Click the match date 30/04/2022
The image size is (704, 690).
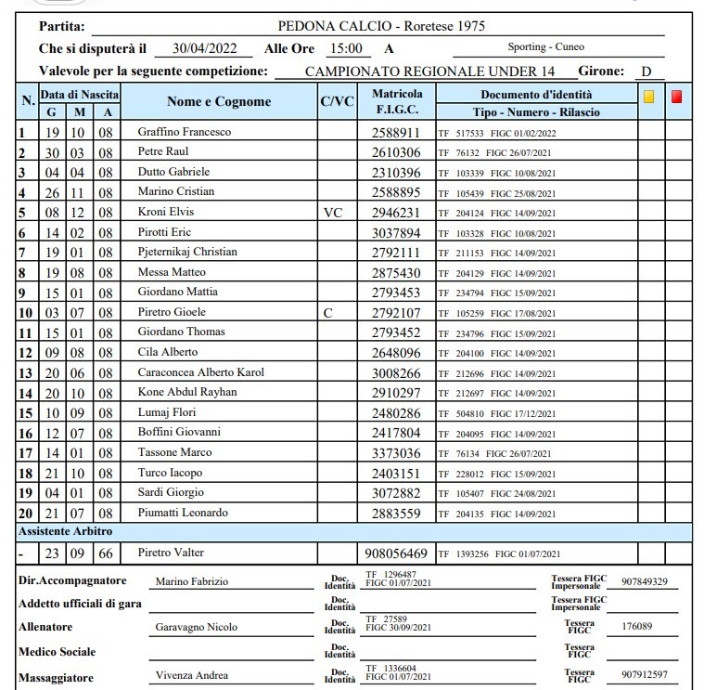(x=204, y=48)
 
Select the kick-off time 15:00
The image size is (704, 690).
(x=345, y=48)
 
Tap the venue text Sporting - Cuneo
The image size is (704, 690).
(x=545, y=47)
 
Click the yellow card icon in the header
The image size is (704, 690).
(x=649, y=96)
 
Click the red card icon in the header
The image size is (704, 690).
(x=677, y=96)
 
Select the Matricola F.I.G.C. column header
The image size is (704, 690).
(x=397, y=102)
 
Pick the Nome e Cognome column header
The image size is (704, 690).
(x=219, y=102)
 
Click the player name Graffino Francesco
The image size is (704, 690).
(x=185, y=132)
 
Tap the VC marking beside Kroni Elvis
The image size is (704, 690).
(x=334, y=212)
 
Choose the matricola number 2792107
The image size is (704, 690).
(x=396, y=312)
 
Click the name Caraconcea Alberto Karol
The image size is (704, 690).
(x=201, y=372)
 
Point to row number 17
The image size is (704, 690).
(x=25, y=453)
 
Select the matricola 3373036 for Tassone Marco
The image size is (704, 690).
(x=396, y=453)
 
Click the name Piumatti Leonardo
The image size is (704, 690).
(x=183, y=513)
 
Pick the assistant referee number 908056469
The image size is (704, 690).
(x=396, y=553)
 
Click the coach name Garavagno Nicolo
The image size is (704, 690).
(x=196, y=627)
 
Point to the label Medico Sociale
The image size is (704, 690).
(x=58, y=651)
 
